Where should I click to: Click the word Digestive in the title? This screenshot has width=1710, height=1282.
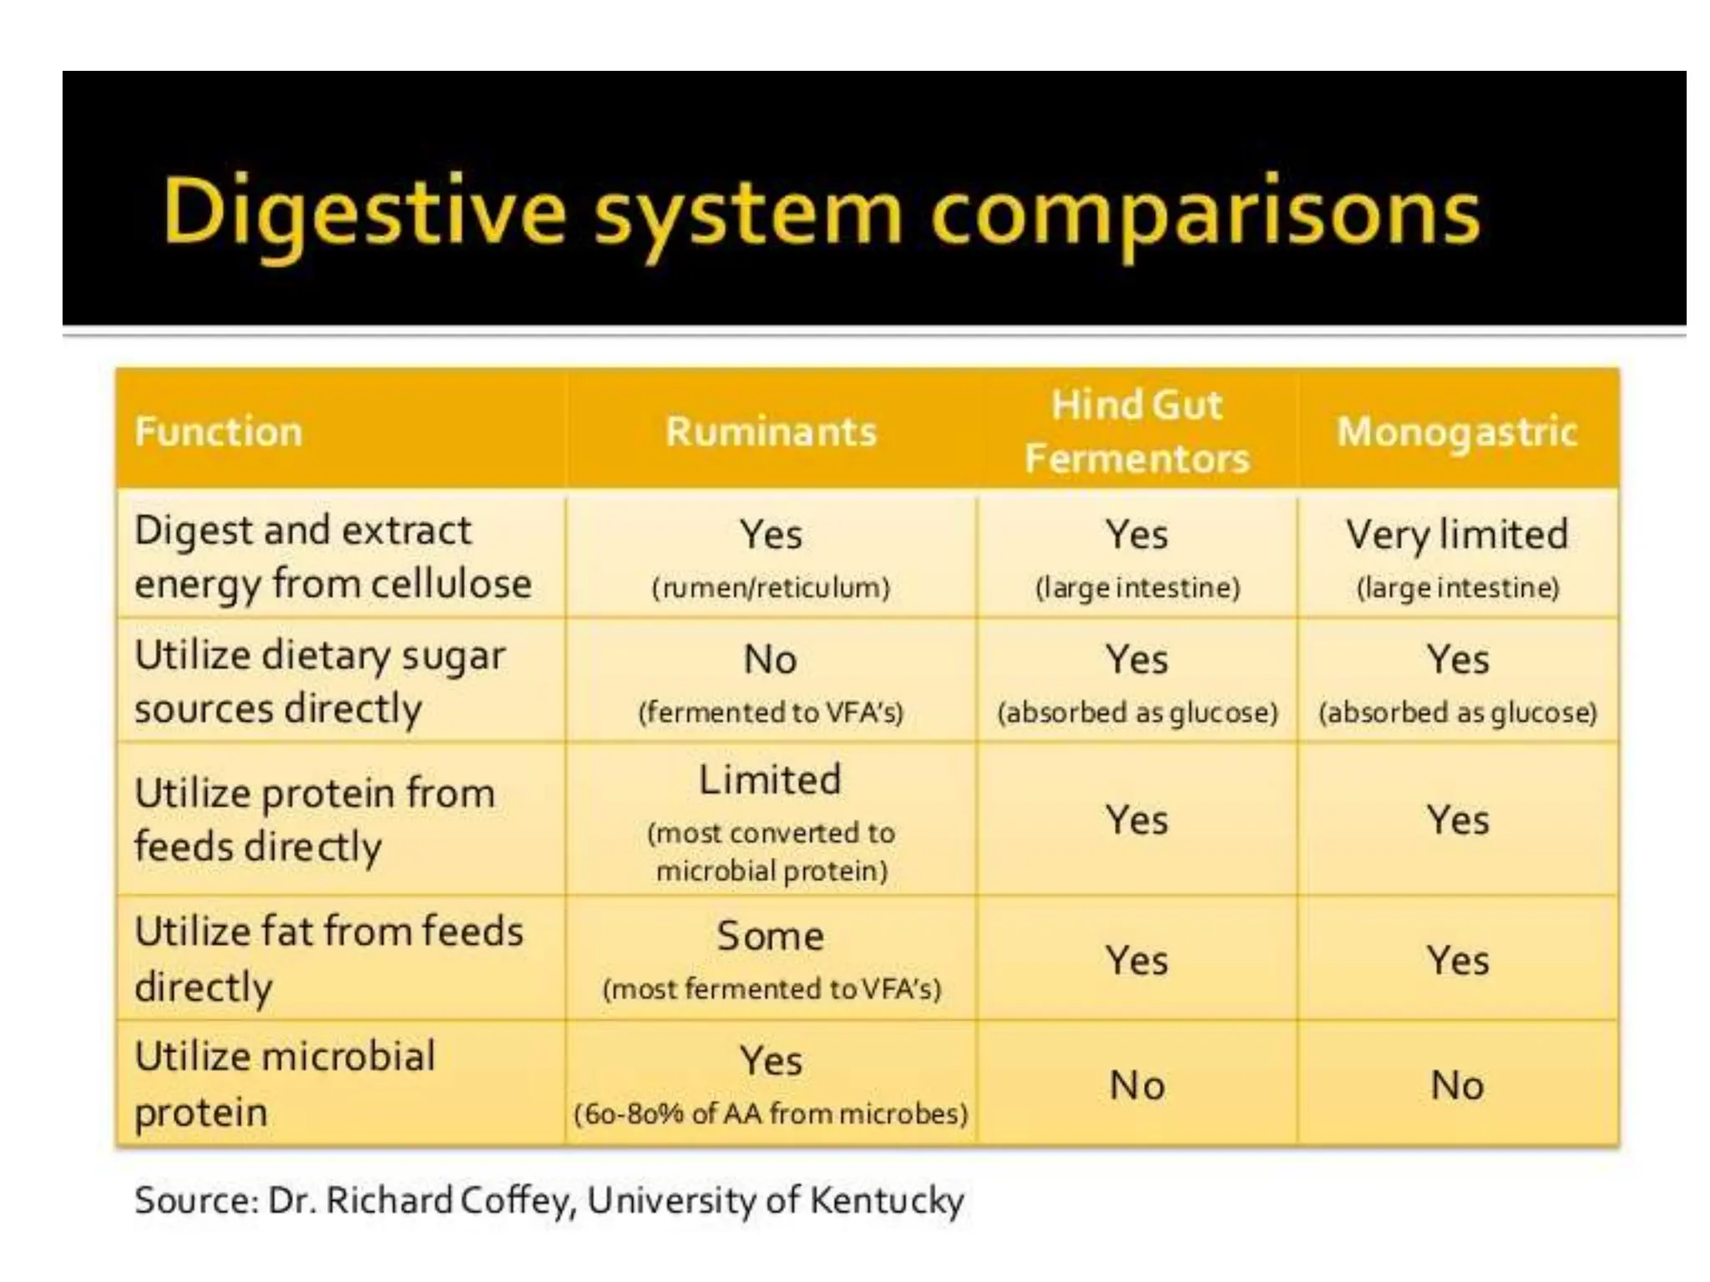(x=364, y=213)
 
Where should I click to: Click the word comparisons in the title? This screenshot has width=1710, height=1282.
(x=1205, y=213)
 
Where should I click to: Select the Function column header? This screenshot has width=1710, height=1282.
(x=218, y=432)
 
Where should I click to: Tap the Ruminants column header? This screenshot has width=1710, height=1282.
(x=771, y=432)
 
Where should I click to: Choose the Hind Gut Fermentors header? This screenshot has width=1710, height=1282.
(x=1136, y=432)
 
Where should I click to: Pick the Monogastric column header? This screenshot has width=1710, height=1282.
(x=1457, y=432)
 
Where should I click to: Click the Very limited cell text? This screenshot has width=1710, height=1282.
(x=1457, y=534)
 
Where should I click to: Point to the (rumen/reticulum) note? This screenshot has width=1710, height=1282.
(x=771, y=588)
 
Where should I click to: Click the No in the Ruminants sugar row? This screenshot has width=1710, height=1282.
(x=770, y=659)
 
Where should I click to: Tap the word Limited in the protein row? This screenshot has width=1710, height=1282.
(x=770, y=780)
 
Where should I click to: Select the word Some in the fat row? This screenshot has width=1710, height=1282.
(x=770, y=936)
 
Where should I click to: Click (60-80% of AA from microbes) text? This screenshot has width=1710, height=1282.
(x=771, y=1113)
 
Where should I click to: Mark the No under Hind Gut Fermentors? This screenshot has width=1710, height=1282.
(x=1136, y=1085)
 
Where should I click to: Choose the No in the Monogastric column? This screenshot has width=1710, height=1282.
(x=1457, y=1085)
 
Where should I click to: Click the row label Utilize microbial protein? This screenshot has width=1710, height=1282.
(x=284, y=1083)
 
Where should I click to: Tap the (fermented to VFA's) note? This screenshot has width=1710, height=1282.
(x=771, y=713)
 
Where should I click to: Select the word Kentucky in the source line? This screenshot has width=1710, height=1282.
(x=887, y=1200)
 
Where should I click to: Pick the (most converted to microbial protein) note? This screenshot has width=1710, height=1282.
(x=771, y=851)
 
